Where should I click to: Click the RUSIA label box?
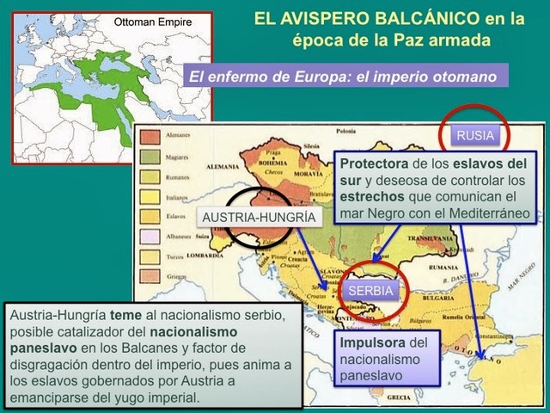pyautogui.click(x=475, y=135)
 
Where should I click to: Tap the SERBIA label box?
pyautogui.click(x=370, y=291)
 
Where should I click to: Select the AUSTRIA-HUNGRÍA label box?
pyautogui.click(x=258, y=218)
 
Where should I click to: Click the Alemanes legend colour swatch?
pyautogui.click(x=151, y=136)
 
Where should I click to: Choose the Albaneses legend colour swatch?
pyautogui.click(x=151, y=234)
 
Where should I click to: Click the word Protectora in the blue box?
pyautogui.click(x=370, y=163)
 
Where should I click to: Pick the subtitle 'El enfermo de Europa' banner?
pyautogui.click(x=343, y=77)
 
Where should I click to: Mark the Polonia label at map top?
pyautogui.click(x=345, y=132)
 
